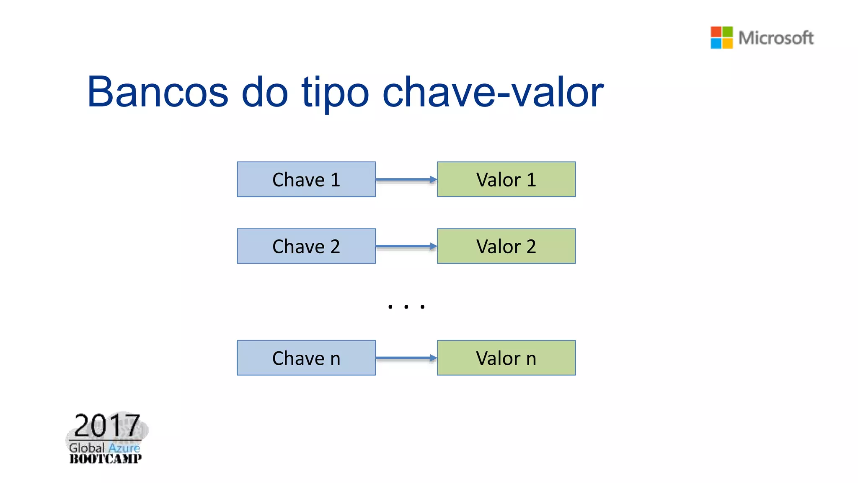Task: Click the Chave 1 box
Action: tap(306, 179)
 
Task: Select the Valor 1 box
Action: tap(506, 179)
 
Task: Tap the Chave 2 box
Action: tap(306, 246)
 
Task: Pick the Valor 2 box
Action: tap(506, 246)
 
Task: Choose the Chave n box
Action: tap(306, 358)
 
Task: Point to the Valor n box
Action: tap(506, 358)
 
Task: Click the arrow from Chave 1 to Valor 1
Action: tap(406, 179)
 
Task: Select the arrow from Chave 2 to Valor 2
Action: tap(406, 246)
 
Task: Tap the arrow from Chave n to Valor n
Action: tap(406, 358)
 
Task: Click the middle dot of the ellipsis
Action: tap(406, 307)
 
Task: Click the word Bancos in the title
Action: tap(158, 92)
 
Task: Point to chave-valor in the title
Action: tap(493, 92)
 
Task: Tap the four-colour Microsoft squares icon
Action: tap(721, 38)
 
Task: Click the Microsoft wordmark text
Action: tap(776, 38)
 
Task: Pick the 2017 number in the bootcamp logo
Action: tap(107, 426)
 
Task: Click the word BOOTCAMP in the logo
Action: tap(106, 459)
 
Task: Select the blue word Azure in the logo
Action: tap(124, 448)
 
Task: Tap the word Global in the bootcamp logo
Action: tap(87, 448)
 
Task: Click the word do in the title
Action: tap(265, 92)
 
